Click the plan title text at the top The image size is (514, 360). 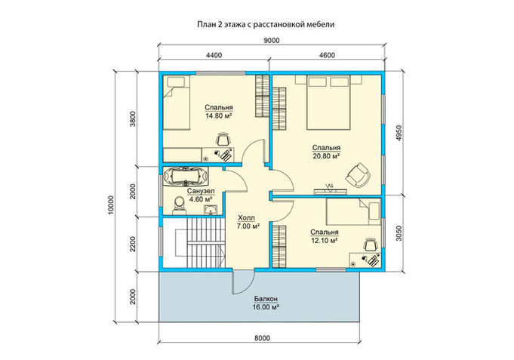tap(266, 24)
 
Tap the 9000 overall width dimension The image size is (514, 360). tap(272, 40)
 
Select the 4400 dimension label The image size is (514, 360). tap(214, 55)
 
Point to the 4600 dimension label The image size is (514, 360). tap(327, 55)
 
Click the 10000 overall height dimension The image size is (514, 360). tap(110, 205)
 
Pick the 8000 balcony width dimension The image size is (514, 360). tap(262, 337)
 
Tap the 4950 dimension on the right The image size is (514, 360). tap(399, 133)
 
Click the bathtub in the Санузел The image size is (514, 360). tap(186, 177)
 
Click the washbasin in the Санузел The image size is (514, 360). tap(210, 209)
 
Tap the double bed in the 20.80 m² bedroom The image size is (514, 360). tap(329, 103)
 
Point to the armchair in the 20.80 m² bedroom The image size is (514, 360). tap(358, 175)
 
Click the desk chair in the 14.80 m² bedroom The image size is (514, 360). tap(223, 139)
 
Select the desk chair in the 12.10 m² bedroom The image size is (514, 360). tap(371, 245)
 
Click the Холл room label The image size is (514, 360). tap(247, 217)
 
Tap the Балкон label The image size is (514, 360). tap(266, 299)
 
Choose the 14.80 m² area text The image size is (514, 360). tap(219, 115)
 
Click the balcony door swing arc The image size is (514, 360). tap(248, 285)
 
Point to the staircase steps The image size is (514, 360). tap(206, 243)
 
